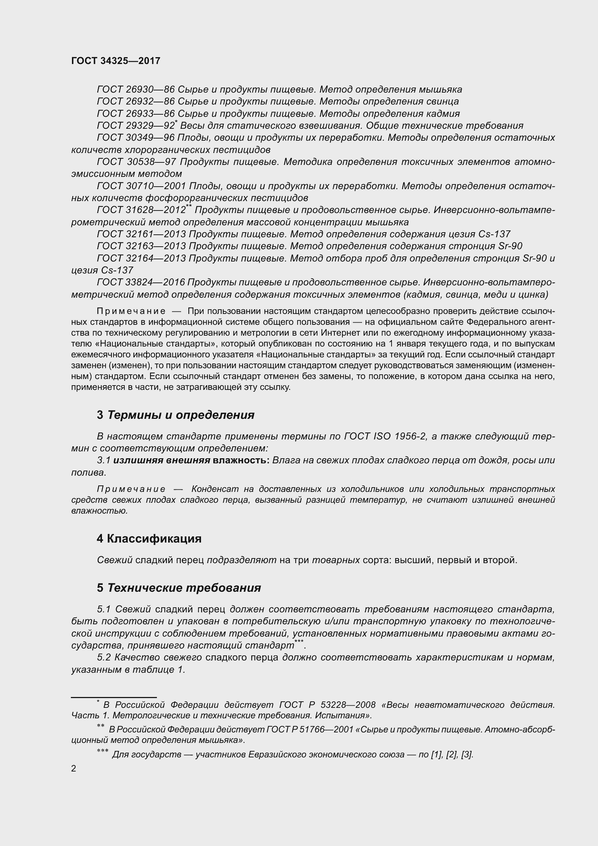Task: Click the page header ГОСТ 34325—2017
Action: pyautogui.click(x=116, y=61)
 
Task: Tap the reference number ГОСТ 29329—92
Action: pyautogui.click(x=136, y=126)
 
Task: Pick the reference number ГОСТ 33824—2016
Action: pyautogui.click(x=141, y=282)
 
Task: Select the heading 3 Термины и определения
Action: pyautogui.click(x=176, y=415)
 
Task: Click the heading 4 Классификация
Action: pyautogui.click(x=149, y=539)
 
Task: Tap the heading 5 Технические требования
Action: pyautogui.click(x=179, y=588)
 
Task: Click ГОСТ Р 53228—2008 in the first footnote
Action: pyautogui.click(x=327, y=705)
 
